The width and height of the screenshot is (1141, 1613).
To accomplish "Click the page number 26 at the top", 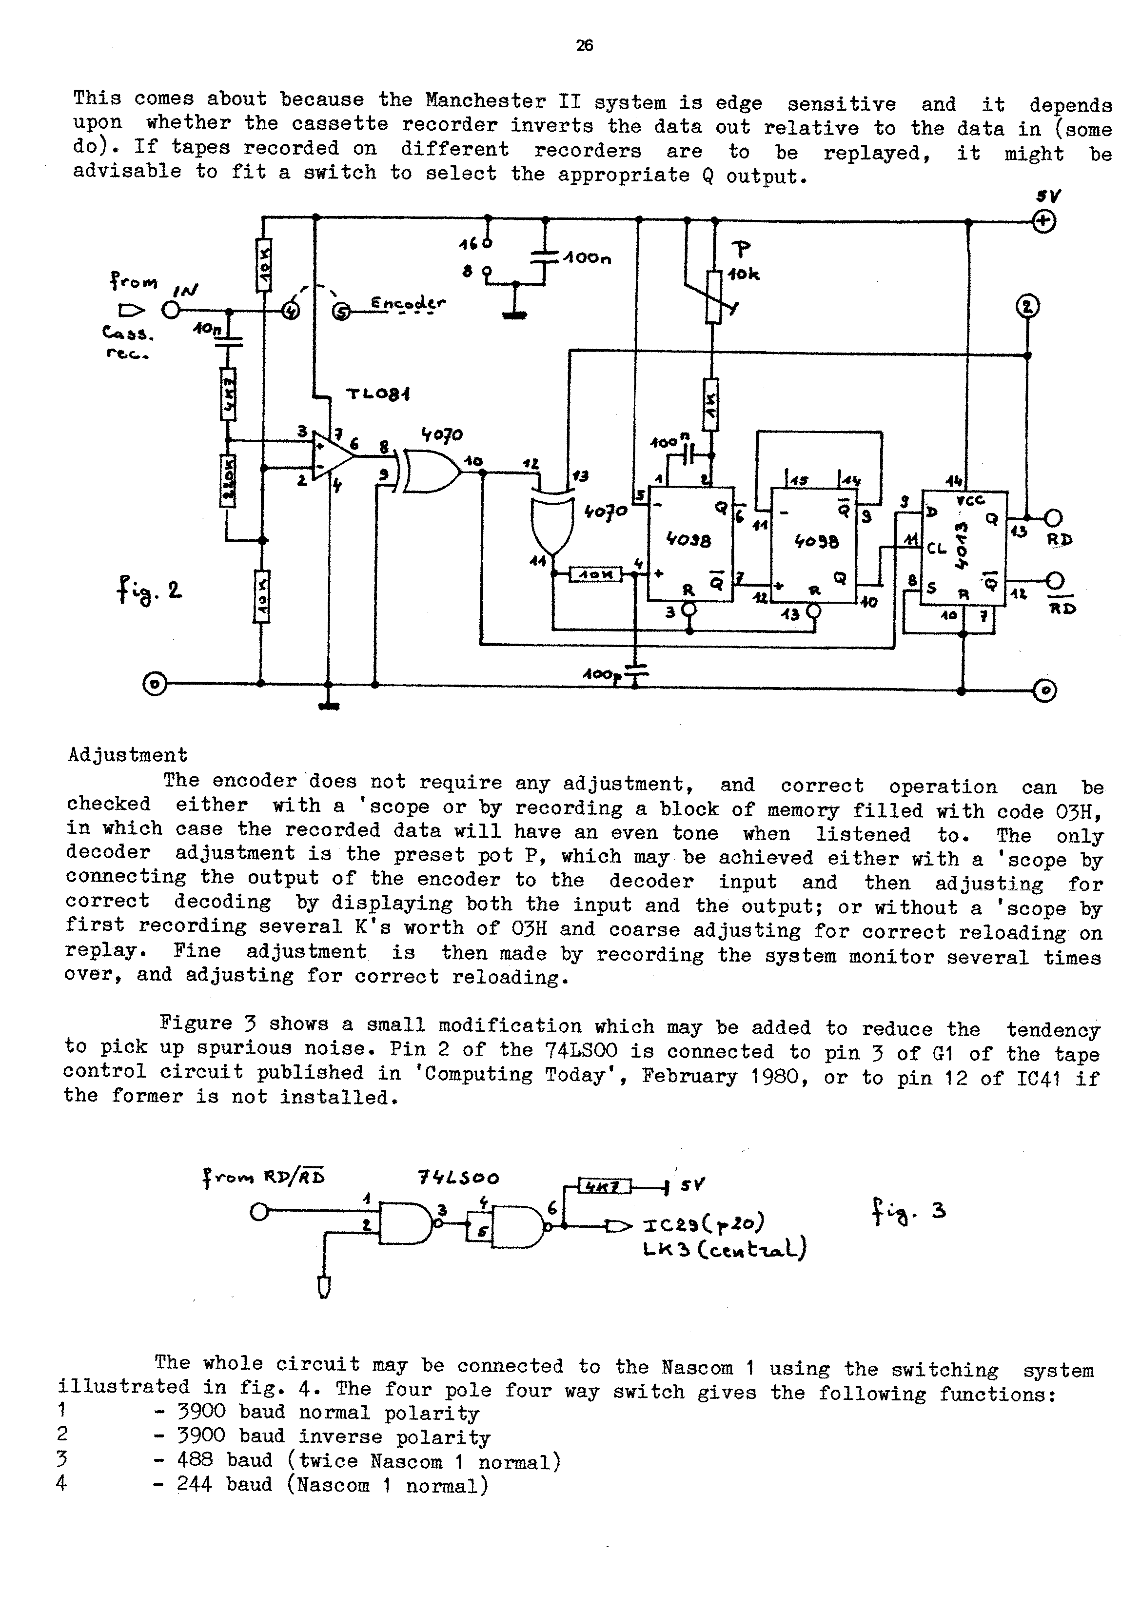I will pos(584,46).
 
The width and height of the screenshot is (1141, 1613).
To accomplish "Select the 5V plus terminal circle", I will pos(1045,221).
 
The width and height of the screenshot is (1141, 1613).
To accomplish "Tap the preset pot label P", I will pos(741,249).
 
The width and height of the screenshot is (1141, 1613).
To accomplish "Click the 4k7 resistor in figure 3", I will pos(604,1186).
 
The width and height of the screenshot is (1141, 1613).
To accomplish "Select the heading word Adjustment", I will pos(128,755).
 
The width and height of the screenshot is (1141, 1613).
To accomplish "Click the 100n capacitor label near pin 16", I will pos(586,258).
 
